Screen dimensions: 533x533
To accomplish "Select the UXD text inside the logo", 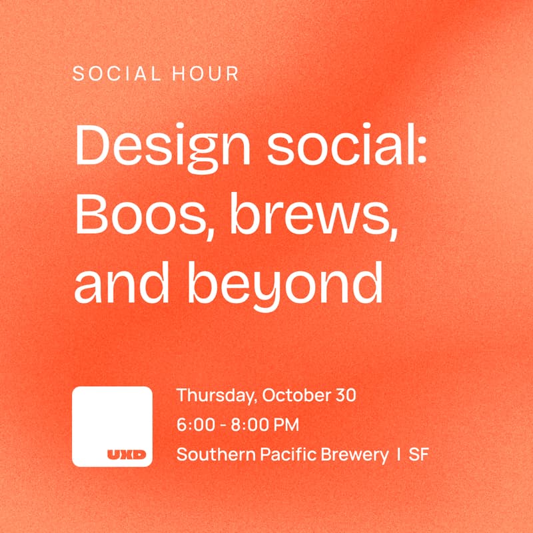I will point(127,455).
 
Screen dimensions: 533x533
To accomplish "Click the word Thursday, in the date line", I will point(217,396).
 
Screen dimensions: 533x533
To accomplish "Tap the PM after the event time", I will point(284,425).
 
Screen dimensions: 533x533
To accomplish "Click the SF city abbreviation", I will point(419,455).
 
